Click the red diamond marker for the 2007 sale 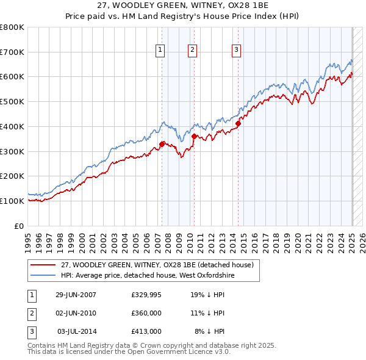[x=162, y=144]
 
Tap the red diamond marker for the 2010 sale [x=193, y=136]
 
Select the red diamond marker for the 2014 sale [x=238, y=123]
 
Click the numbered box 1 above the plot [x=160, y=50]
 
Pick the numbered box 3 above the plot [x=236, y=50]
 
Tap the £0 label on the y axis [x=18, y=226]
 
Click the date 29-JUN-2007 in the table [x=76, y=295]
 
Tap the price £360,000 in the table [x=146, y=313]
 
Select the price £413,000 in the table [x=146, y=331]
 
